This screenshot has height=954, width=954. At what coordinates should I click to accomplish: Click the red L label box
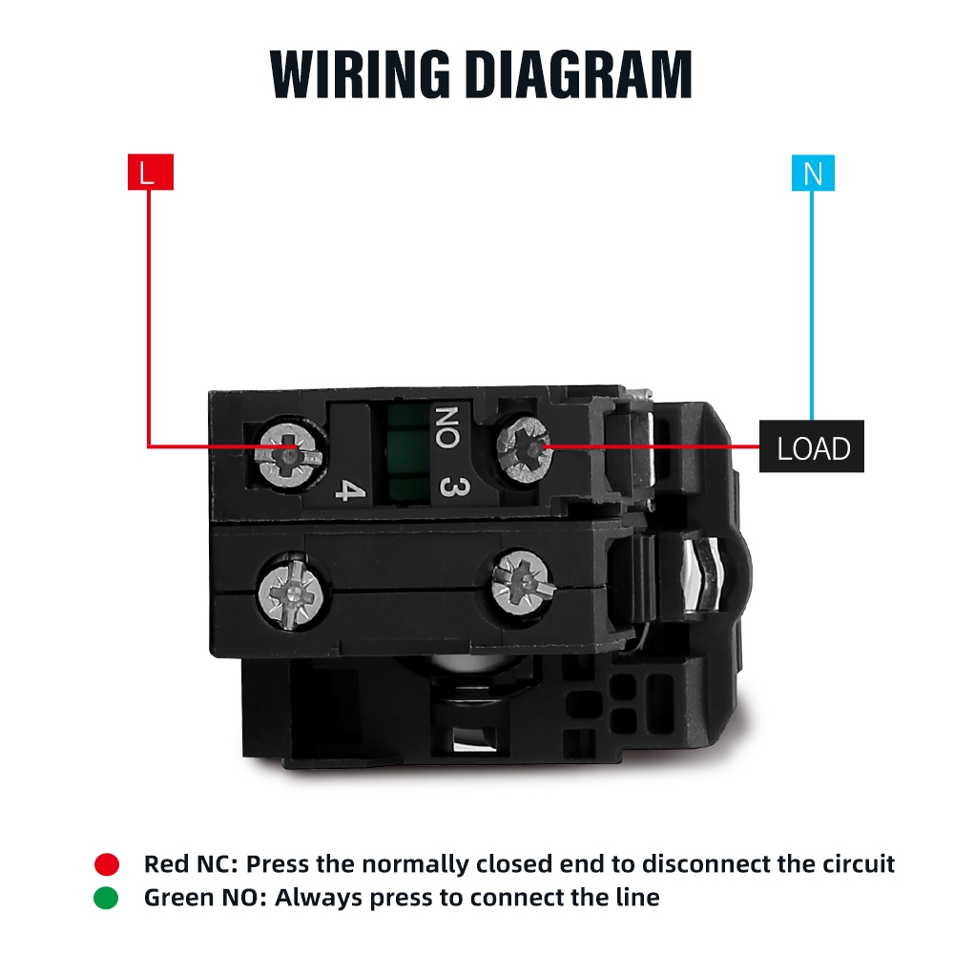(x=150, y=174)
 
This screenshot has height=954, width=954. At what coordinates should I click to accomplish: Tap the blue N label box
(x=812, y=174)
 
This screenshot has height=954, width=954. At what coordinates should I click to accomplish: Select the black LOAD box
(x=812, y=446)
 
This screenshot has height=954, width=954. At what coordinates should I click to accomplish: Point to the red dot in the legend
(x=107, y=864)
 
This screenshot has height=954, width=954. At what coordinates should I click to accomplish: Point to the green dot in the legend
(x=107, y=897)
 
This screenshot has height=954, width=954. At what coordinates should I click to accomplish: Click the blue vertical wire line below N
(x=812, y=305)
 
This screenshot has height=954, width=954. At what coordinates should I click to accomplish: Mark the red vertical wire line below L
(x=150, y=315)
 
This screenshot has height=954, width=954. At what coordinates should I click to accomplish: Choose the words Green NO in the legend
(x=202, y=897)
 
